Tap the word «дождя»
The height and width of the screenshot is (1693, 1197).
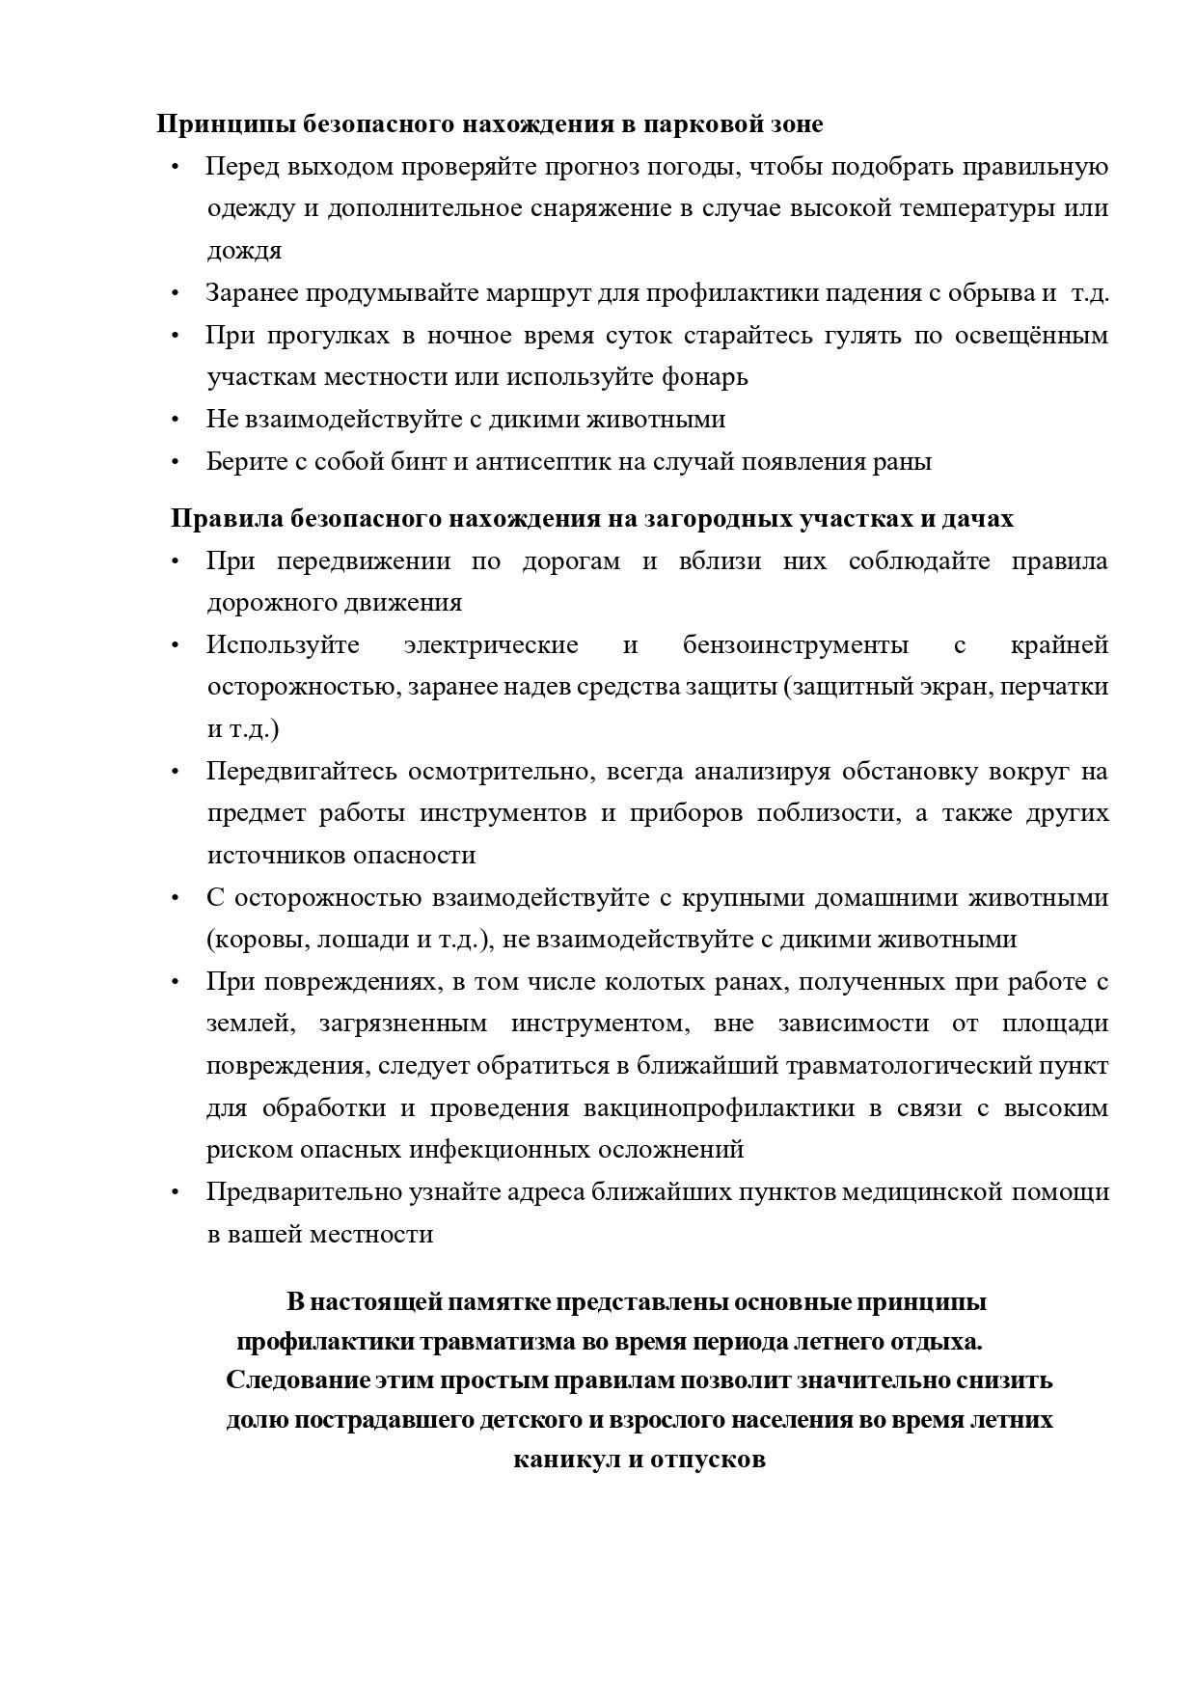[244, 251]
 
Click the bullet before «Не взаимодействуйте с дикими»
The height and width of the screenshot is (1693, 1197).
[175, 420]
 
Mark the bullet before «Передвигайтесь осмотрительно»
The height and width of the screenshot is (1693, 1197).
[175, 772]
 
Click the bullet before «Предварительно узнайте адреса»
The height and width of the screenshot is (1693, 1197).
[175, 1192]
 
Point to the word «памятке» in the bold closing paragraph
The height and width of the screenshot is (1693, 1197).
[490, 1302]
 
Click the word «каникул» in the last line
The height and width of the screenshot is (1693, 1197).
[565, 1459]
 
